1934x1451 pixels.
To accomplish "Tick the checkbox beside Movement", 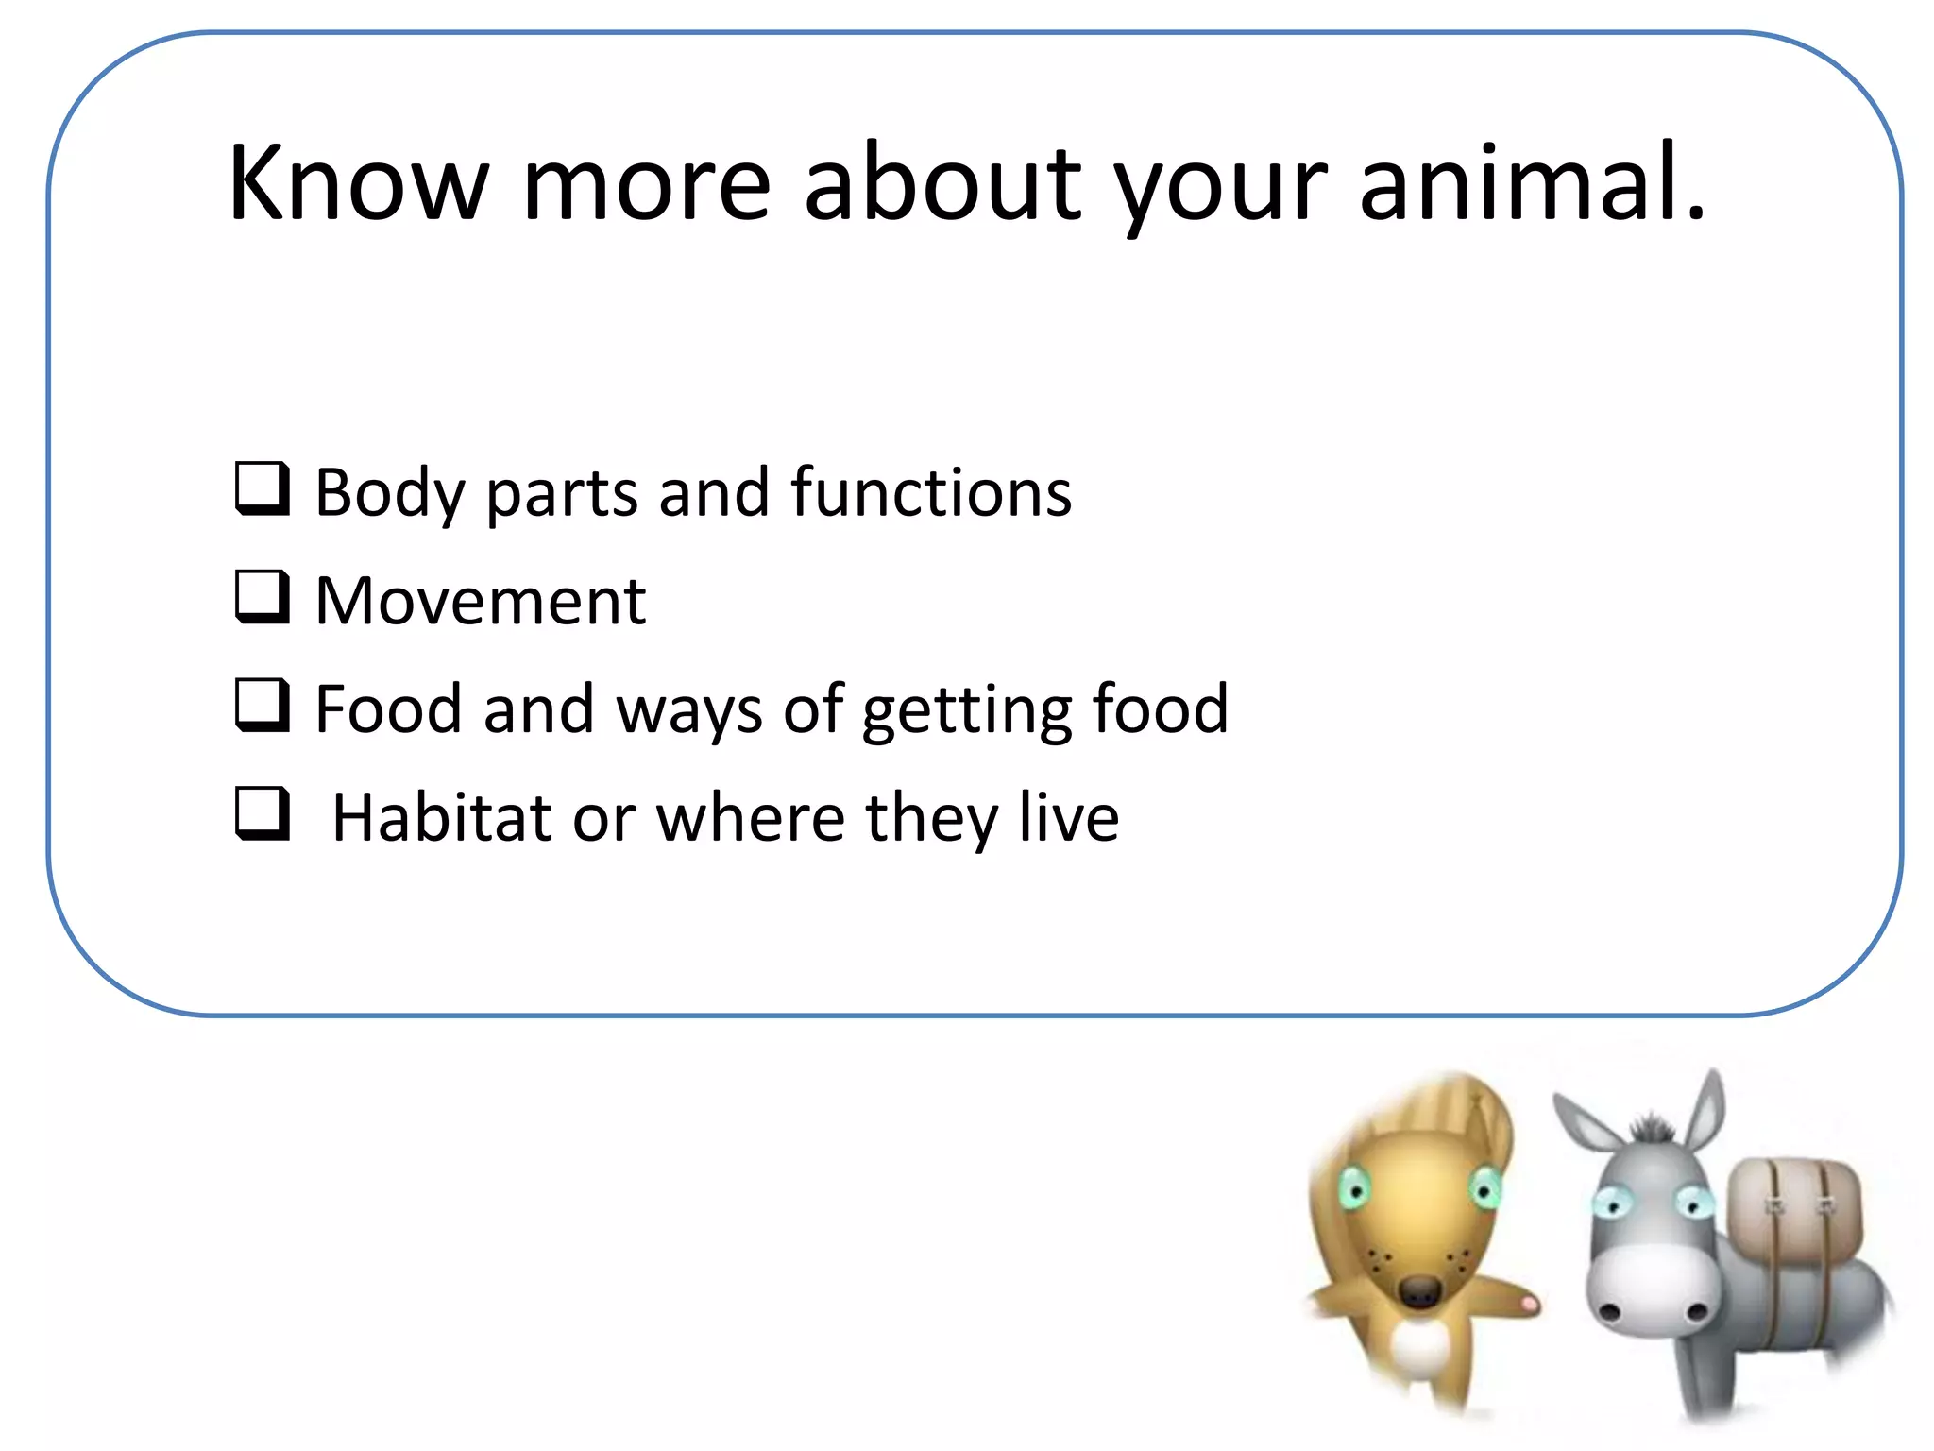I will pyautogui.click(x=261, y=596).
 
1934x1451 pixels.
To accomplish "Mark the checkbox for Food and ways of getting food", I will pyautogui.click(x=261, y=705).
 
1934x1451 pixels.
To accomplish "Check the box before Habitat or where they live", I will pyautogui.click(x=261, y=812).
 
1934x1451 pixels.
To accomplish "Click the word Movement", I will pyautogui.click(x=480, y=601).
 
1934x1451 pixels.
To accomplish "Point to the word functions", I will pyautogui.click(x=931, y=492).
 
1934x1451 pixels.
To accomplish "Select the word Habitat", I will pyautogui.click(x=441, y=817).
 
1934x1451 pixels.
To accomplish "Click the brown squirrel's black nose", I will pyautogui.click(x=1418, y=1291).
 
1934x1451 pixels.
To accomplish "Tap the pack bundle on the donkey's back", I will pyautogui.click(x=1794, y=1219).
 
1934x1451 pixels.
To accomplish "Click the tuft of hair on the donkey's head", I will pyautogui.click(x=1652, y=1128).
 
